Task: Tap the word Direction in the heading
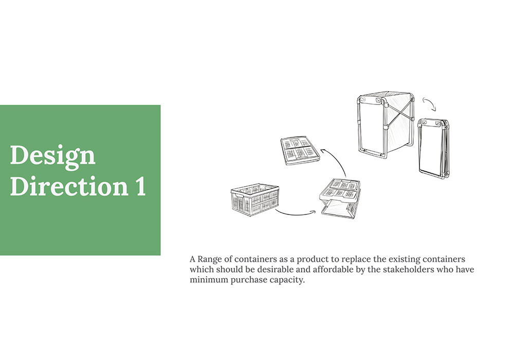69,186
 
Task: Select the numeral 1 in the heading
141,186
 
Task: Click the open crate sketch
255,200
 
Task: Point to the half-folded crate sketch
340,198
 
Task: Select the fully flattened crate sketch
300,151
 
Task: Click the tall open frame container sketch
385,125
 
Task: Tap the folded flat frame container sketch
434,149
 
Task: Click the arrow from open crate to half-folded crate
295,214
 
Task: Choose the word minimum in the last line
209,280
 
